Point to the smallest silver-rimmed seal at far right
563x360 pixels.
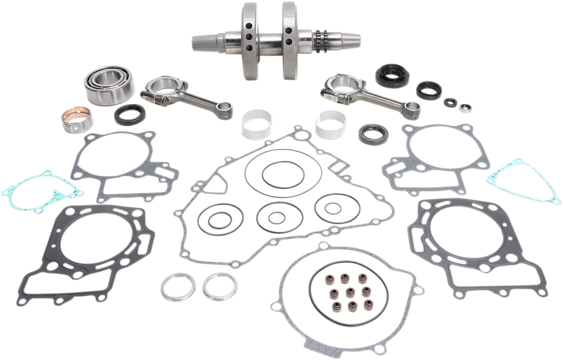point(466,107)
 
